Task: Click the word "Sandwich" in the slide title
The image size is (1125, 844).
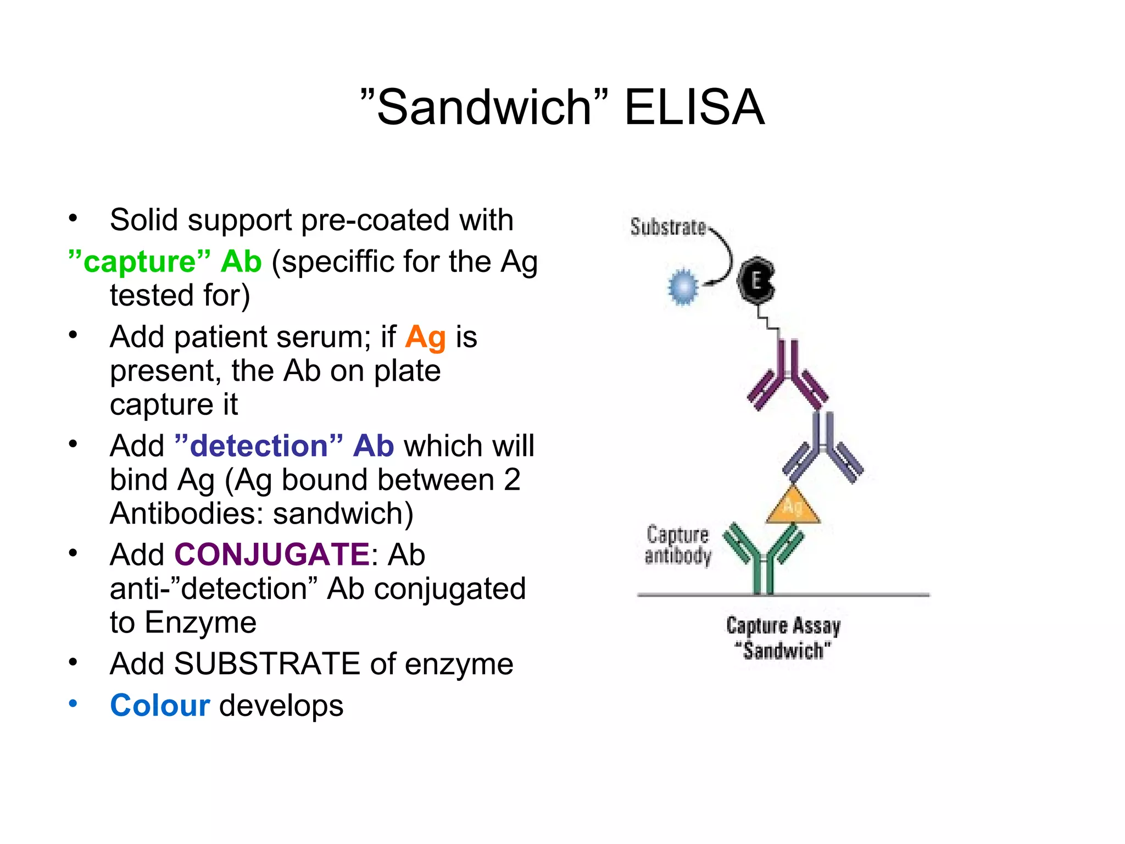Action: (x=484, y=107)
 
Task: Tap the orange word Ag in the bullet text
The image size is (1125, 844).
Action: (x=425, y=337)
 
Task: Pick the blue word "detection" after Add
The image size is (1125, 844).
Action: (x=259, y=446)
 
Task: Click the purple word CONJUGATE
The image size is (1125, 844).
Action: (x=272, y=554)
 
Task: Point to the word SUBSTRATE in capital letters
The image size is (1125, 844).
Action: (x=267, y=664)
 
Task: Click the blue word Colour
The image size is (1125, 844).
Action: (x=160, y=705)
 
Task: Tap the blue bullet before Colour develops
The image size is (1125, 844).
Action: (x=73, y=703)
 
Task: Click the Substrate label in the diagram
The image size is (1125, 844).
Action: (x=667, y=227)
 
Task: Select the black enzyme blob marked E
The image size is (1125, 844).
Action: (x=756, y=281)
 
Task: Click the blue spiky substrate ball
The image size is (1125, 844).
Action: (x=683, y=287)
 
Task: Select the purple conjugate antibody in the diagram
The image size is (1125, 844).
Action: (x=788, y=376)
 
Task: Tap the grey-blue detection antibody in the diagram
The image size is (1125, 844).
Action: (x=822, y=448)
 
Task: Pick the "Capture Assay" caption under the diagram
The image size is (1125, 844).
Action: (x=783, y=626)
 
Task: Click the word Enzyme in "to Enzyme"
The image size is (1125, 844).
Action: (x=201, y=623)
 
